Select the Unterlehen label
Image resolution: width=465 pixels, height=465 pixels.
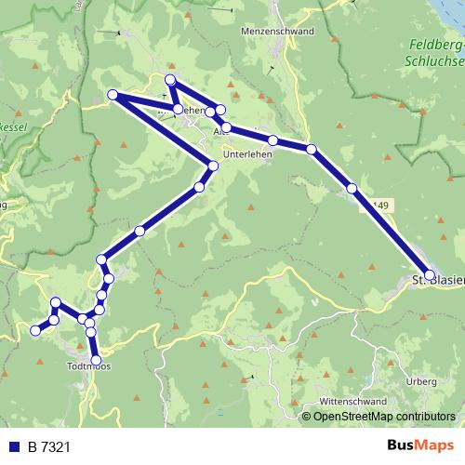point(247,156)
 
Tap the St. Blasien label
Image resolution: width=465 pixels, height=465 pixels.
point(437,279)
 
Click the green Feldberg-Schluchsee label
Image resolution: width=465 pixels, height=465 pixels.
point(434,52)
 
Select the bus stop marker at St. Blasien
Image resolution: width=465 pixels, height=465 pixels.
point(429,275)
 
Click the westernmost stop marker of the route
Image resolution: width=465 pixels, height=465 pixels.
point(36,330)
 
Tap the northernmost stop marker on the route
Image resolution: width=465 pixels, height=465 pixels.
point(170,80)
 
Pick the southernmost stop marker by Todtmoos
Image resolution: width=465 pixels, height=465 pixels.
point(96,359)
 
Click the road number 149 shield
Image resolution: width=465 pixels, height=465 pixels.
point(379,206)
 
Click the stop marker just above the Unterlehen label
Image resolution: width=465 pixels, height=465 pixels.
point(226,127)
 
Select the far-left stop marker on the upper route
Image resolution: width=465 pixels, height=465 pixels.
point(113,95)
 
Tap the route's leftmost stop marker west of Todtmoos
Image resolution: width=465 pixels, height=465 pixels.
point(36,330)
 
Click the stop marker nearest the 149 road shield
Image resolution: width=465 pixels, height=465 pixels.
point(352,189)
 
